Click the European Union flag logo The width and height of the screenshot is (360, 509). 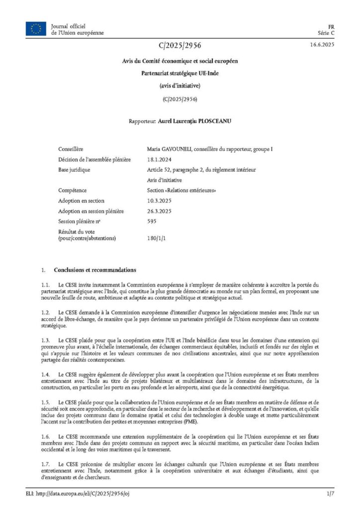coord(36,29)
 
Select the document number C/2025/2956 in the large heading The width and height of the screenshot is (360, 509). coord(180,46)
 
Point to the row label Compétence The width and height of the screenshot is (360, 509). coord(73,190)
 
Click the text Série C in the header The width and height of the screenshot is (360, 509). coord(326,33)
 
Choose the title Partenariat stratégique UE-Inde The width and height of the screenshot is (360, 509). coord(180,73)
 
